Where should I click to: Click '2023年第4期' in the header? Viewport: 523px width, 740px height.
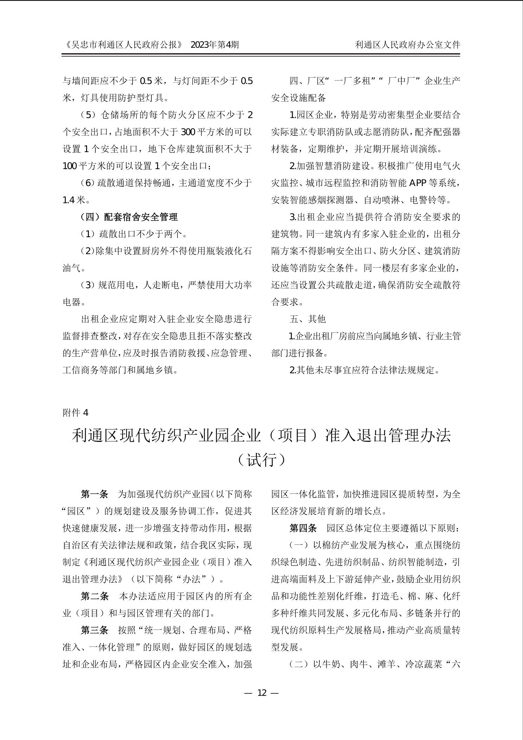tap(214, 45)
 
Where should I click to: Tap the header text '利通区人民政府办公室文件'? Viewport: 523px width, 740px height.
tap(407, 45)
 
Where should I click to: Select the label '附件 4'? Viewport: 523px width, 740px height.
tap(76, 413)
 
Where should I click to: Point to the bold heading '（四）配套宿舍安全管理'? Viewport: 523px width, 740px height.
tap(129, 217)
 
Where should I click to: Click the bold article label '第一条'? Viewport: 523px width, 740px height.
tap(95, 494)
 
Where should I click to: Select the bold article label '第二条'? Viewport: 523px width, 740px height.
tap(95, 596)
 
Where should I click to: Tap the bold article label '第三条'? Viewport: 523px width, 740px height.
tap(95, 630)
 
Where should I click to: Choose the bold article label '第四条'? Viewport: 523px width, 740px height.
tap(303, 528)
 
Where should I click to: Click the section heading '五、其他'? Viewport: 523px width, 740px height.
tap(308, 319)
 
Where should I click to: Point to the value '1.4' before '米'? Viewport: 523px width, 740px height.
tap(69, 200)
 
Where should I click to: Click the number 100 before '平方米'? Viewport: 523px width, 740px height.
tap(70, 166)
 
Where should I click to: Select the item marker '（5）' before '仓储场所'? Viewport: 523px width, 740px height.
tap(89, 115)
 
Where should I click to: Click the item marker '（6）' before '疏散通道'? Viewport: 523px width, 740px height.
tap(88, 183)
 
